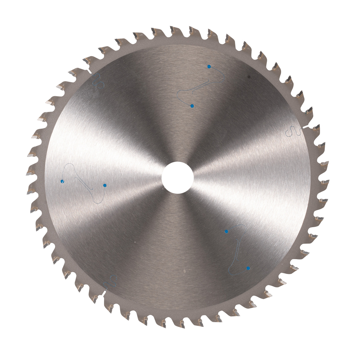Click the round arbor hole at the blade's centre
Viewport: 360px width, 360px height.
[177, 177]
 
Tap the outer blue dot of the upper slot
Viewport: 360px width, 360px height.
[209, 66]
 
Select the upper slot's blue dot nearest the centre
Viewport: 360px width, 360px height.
[192, 106]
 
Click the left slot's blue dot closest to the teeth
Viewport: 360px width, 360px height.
[62, 181]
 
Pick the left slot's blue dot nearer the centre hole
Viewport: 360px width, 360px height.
[104, 185]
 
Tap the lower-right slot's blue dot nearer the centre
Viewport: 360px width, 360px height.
[226, 231]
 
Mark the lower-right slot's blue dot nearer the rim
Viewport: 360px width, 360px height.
[248, 268]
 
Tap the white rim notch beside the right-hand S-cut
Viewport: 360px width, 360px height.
[306, 127]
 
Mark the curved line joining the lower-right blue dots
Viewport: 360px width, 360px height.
[238, 248]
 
